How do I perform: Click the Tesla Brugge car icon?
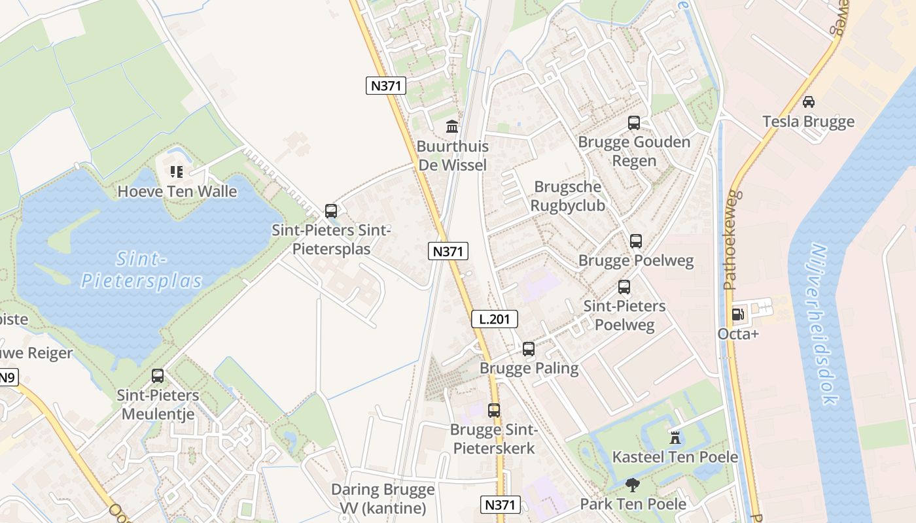click(x=808, y=101)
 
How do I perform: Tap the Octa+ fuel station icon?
click(x=737, y=314)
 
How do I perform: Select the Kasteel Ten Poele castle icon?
click(x=675, y=437)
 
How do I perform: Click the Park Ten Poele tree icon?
click(x=632, y=484)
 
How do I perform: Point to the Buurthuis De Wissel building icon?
click(x=451, y=126)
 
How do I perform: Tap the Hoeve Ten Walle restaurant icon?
click(x=177, y=172)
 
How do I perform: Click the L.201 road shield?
click(x=495, y=319)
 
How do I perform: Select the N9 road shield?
click(x=7, y=377)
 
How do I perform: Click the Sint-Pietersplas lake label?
click(x=141, y=270)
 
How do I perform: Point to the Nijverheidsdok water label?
click(x=820, y=324)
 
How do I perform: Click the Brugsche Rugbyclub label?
click(x=567, y=196)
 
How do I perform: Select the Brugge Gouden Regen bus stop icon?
click(x=633, y=122)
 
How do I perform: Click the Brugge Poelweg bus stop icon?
click(x=635, y=241)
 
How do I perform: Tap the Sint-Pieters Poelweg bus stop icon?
click(x=624, y=286)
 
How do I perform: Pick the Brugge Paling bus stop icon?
click(x=528, y=348)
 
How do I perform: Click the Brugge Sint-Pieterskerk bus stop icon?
click(x=494, y=410)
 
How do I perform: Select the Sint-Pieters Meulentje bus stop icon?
click(x=158, y=376)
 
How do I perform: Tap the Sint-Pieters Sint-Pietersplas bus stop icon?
click(x=331, y=211)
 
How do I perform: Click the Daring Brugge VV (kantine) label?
click(x=383, y=499)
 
